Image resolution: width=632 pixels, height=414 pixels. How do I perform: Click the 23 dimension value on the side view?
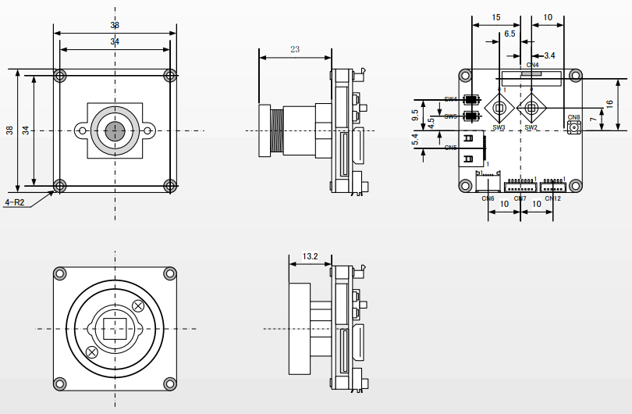(x=294, y=49)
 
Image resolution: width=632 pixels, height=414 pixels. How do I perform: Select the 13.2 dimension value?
(x=310, y=255)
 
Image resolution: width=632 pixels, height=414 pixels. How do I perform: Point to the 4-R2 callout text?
(x=16, y=202)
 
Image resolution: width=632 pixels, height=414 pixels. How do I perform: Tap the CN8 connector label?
(x=574, y=118)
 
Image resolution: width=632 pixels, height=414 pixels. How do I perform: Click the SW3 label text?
(x=499, y=127)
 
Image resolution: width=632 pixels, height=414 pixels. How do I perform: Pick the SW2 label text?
(x=531, y=127)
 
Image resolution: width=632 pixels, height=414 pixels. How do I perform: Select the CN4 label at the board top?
(x=533, y=65)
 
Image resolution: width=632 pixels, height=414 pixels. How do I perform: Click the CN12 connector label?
(x=552, y=198)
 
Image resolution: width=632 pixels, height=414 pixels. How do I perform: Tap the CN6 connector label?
(x=488, y=198)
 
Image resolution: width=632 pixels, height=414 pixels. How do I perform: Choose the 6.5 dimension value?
(x=510, y=34)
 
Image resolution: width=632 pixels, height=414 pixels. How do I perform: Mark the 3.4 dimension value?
(x=549, y=55)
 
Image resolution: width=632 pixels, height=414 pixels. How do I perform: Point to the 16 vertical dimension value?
(x=609, y=104)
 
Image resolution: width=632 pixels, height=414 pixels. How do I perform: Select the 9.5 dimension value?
(x=415, y=116)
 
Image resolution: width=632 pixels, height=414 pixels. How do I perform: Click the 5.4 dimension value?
(x=415, y=139)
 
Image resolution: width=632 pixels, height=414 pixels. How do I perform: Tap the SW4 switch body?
(x=470, y=100)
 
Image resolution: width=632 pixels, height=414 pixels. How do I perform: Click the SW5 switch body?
(x=470, y=116)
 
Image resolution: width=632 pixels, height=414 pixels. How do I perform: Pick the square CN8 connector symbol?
(x=574, y=127)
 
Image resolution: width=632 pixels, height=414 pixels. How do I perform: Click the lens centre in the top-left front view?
(x=115, y=130)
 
